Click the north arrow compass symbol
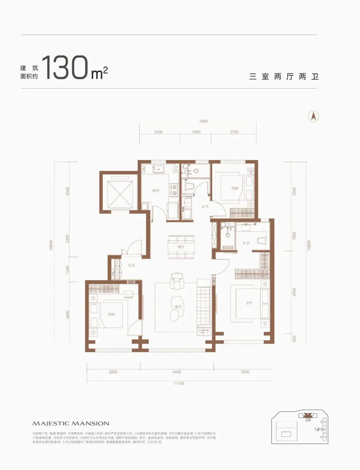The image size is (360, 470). pos(313,116)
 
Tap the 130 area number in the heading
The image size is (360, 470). pos(65,68)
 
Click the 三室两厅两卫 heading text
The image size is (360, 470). pos(284,77)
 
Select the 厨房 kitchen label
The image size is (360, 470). pos(156,191)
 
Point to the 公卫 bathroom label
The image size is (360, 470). pos(205,207)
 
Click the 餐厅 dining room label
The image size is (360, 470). pos(181,247)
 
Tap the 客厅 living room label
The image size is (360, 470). pos(178,307)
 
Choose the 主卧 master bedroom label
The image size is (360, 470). pos(249,303)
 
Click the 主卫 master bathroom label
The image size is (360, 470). pos(246,243)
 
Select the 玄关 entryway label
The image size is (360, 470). pos(131,265)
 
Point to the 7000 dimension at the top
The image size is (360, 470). pos(203,121)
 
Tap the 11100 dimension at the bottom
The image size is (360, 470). pos(179,383)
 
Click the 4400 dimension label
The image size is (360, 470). pos(177,372)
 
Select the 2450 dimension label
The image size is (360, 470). pos(158,132)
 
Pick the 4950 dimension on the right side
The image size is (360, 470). pos(294,292)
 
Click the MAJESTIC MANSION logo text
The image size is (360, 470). pos(71,423)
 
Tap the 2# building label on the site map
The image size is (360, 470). pos(308,420)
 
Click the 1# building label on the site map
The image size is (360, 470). pos(317,429)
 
